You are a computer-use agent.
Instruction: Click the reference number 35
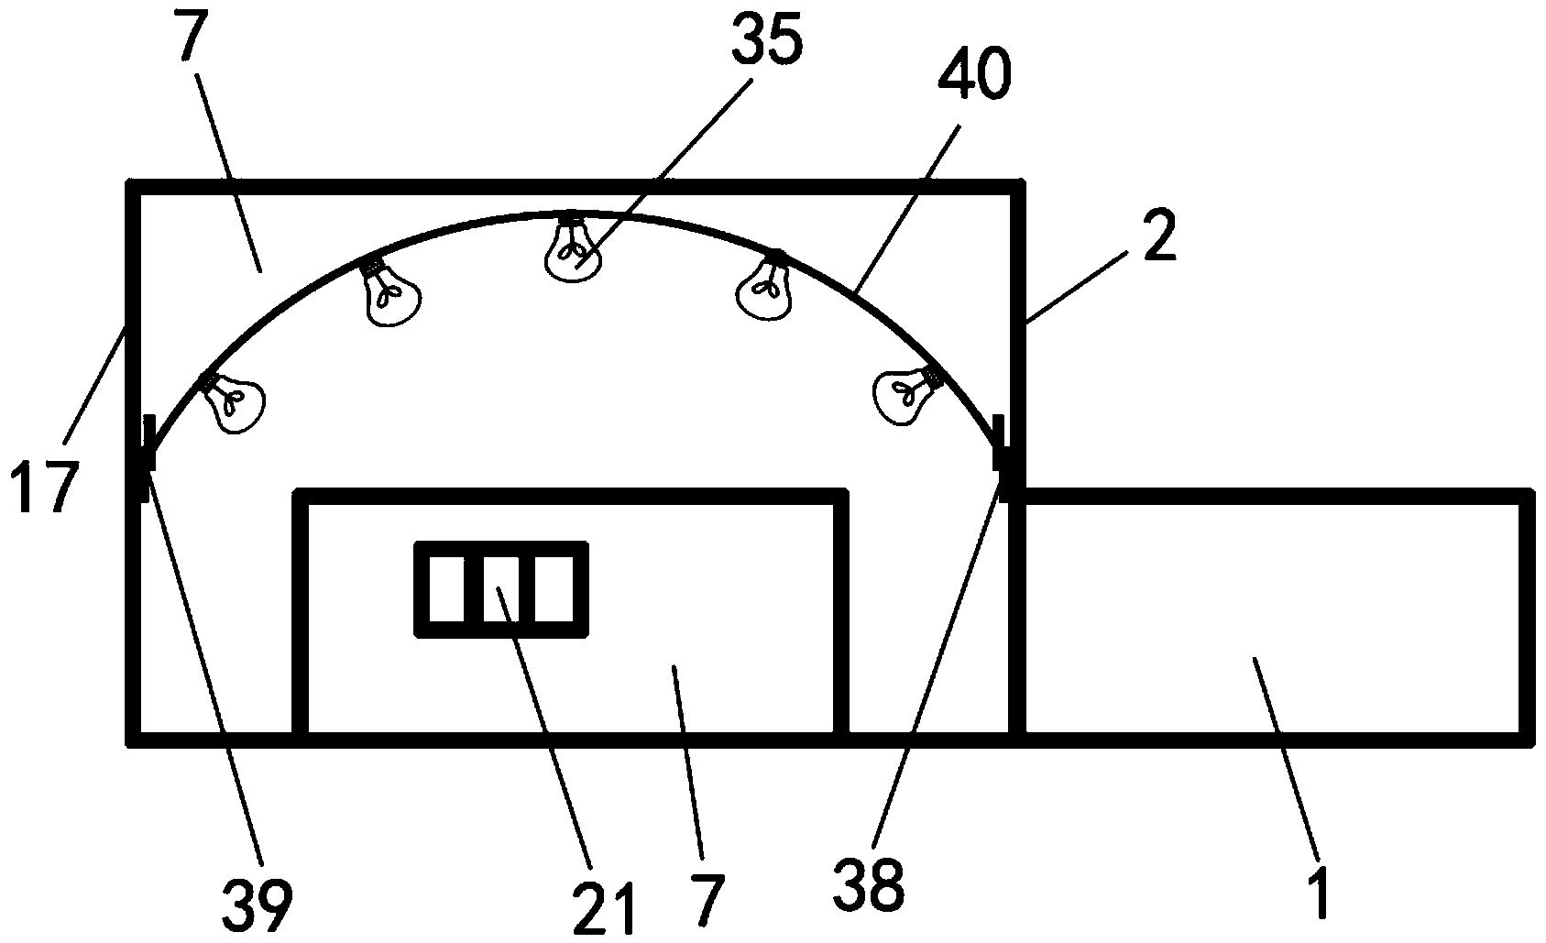tap(769, 43)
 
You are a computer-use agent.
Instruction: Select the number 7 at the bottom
tap(708, 900)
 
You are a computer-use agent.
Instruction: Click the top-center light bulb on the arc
tap(575, 250)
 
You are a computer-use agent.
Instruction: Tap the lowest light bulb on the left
tap(234, 401)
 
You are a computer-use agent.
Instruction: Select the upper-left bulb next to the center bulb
tap(391, 292)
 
